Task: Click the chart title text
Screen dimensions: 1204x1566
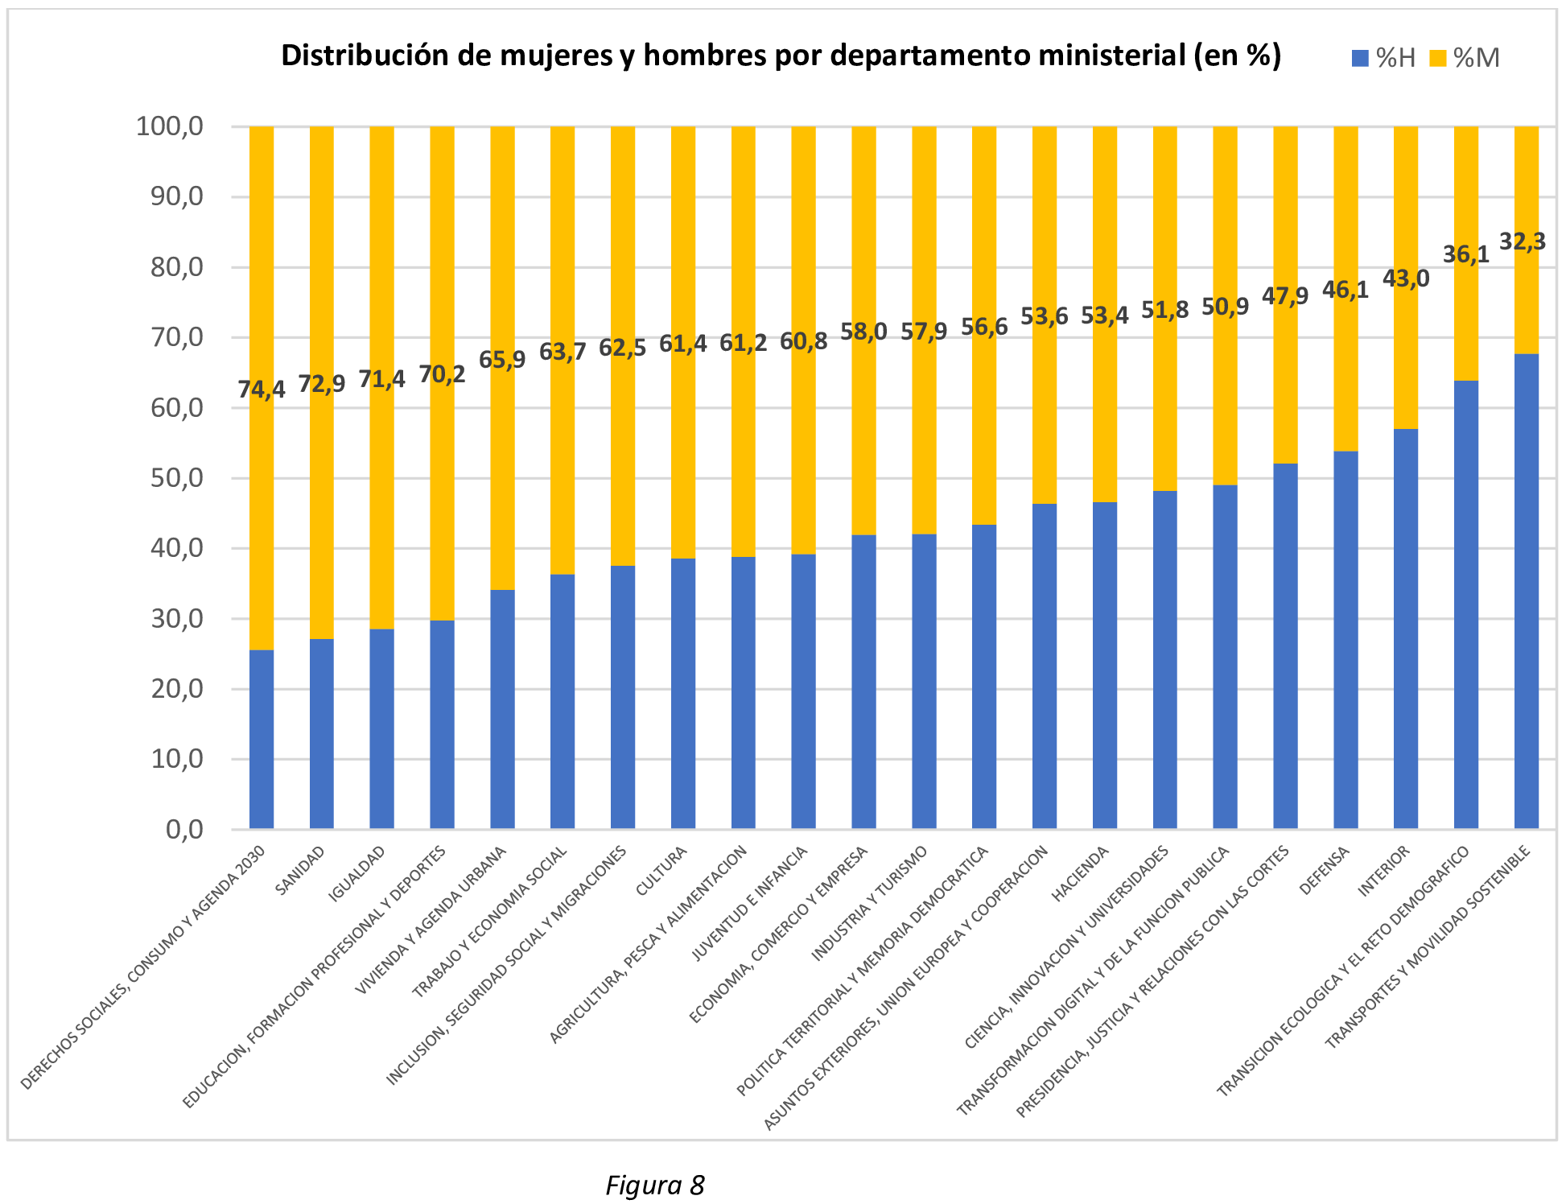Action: coord(781,56)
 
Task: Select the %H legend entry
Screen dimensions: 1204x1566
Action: coord(1385,58)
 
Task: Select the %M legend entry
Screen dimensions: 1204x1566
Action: coord(1464,58)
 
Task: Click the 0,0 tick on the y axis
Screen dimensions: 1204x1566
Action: coord(184,829)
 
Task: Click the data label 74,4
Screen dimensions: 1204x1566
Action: coord(261,390)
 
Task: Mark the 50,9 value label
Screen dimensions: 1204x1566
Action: coord(1225,307)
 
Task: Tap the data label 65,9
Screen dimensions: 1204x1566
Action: coord(502,359)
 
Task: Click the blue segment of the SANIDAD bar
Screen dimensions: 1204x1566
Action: coord(322,732)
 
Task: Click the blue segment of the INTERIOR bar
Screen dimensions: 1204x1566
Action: coord(1406,628)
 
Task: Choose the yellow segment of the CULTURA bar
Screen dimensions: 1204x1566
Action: coord(683,451)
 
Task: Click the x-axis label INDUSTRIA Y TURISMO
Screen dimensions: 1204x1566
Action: coord(869,903)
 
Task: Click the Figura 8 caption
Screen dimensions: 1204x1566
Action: coord(654,1185)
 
